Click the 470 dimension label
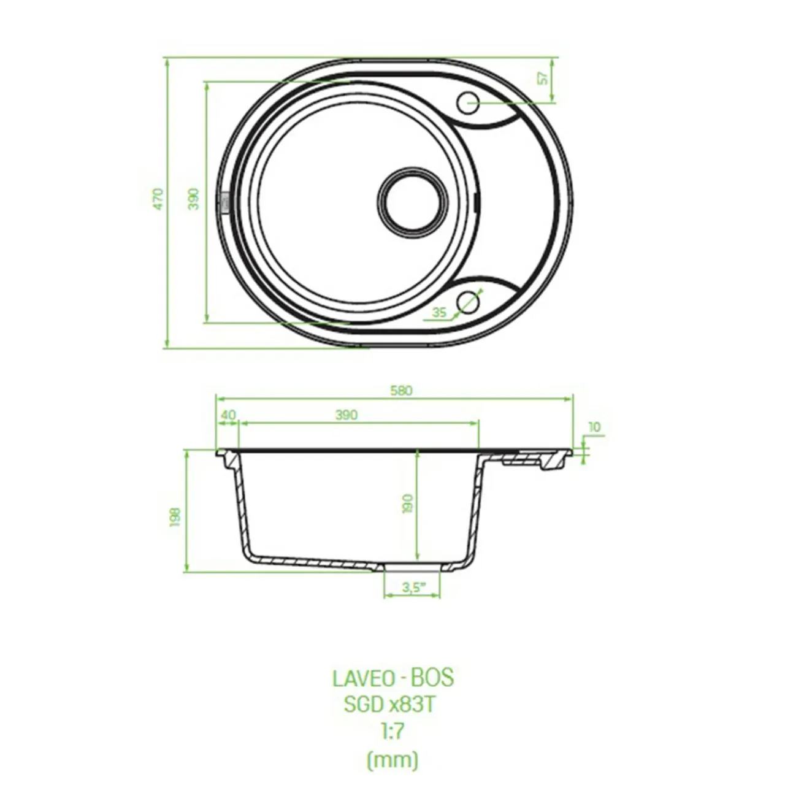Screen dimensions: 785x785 159,199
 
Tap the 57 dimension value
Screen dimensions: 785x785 543,79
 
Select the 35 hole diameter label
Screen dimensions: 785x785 439,312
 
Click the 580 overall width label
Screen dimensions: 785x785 401,391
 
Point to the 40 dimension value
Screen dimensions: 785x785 228,415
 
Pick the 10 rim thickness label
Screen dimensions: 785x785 595,427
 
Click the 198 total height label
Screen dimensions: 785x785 175,518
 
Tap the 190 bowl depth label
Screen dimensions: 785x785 408,504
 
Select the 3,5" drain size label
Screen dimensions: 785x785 414,588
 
